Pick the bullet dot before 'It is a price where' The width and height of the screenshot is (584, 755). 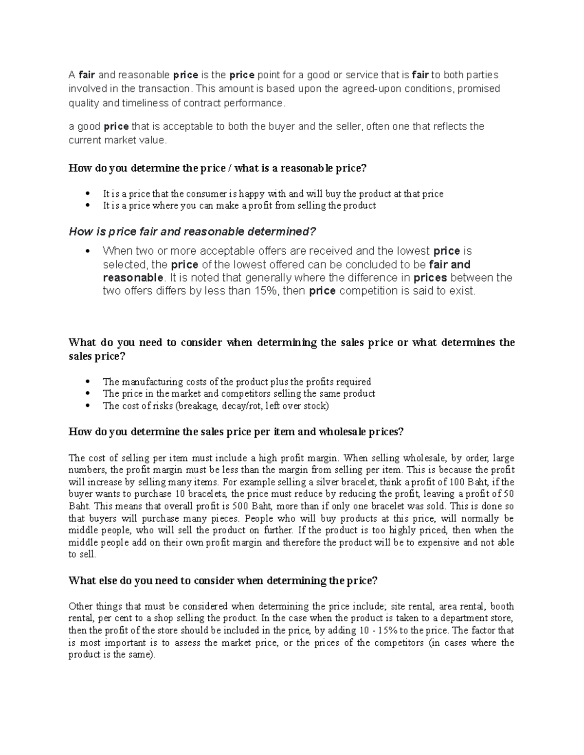tap(88, 206)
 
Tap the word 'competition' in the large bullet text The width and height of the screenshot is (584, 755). tap(368, 291)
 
